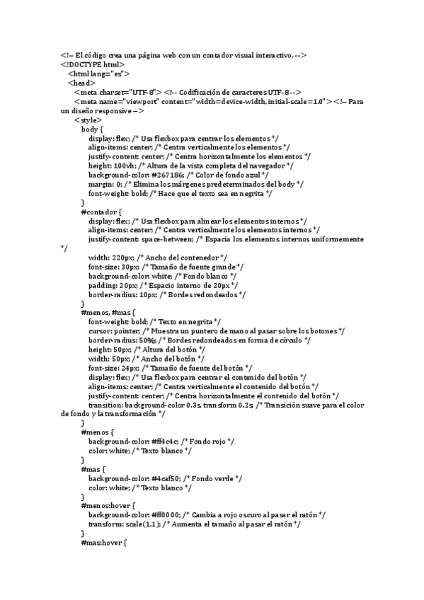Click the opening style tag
pos(87,120)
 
